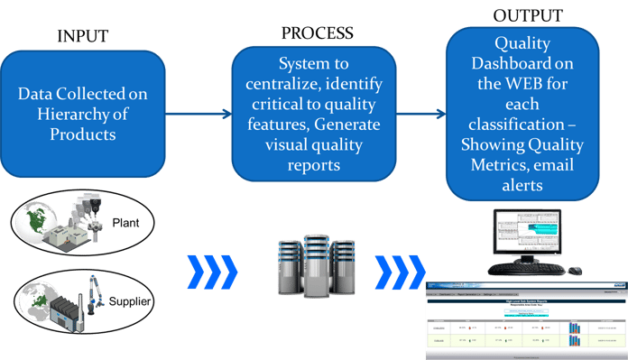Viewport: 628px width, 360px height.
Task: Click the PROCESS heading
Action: (x=317, y=33)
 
